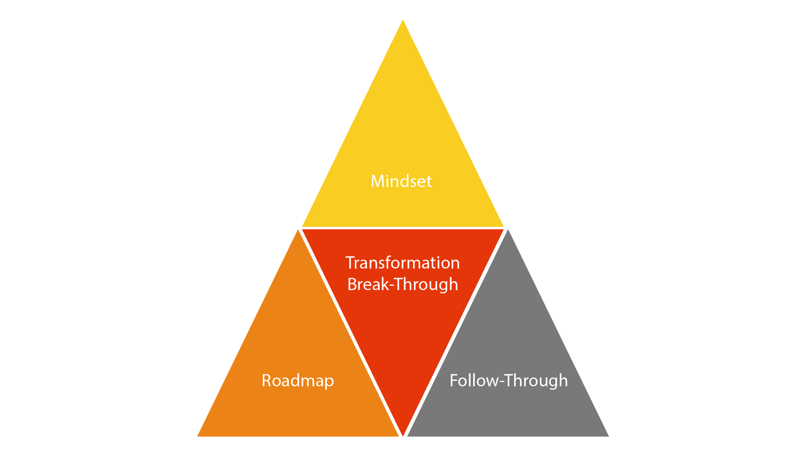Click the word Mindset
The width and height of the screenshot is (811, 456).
pos(401,181)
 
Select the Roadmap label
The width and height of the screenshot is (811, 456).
pos(298,381)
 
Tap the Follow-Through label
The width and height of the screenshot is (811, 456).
pos(509,381)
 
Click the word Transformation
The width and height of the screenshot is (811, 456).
pos(403,263)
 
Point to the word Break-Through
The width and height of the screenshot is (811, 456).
pos(403,285)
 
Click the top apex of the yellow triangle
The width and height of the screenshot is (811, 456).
pos(403,19)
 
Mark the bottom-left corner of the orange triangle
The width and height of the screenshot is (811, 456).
pos(197,436)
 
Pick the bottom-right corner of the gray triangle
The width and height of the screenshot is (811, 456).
pos(609,436)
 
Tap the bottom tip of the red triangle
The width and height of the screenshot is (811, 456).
pos(403,435)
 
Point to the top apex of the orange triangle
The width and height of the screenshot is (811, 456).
pos(299,230)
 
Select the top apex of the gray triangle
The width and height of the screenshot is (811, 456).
pos(508,230)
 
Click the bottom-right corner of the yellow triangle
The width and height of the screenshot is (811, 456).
pos(503,227)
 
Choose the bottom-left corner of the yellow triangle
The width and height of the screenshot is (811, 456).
pos(302,227)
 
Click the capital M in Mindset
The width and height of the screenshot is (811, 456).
pos(377,181)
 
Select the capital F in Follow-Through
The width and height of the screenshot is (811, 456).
pos(454,380)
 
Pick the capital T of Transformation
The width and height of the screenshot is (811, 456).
pos(350,263)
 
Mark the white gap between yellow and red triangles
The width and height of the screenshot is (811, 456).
pos(403,228)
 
